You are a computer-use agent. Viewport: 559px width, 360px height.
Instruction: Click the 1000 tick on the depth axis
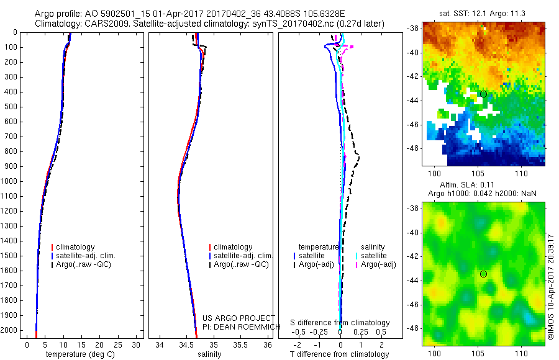(10, 181)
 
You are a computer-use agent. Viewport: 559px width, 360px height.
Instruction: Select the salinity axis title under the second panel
(209, 354)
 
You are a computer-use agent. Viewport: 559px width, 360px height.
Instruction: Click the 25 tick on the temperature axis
(118, 344)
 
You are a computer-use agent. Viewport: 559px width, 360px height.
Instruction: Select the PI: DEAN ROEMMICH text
(239, 326)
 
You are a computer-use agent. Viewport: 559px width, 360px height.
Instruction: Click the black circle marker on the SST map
(483, 94)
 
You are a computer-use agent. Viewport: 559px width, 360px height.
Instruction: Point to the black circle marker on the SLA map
(483, 274)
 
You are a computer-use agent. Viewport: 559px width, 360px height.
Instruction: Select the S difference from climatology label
(340, 323)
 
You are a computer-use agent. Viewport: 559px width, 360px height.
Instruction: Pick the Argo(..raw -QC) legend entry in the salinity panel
(241, 264)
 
